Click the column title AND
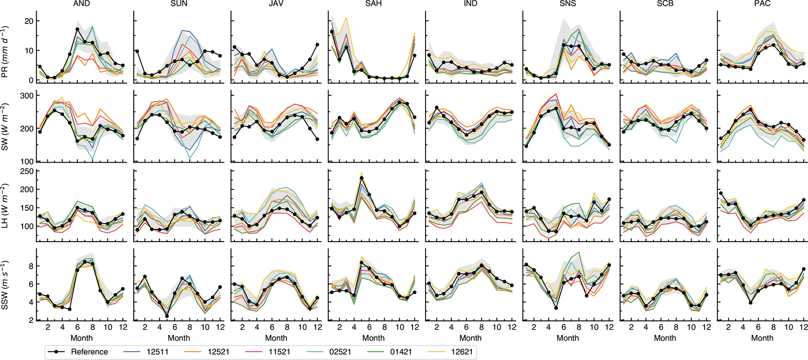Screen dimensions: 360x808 coord(81,4)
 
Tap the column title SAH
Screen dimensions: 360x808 coord(373,4)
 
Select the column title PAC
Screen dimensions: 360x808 coord(762,4)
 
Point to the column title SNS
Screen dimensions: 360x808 coord(568,4)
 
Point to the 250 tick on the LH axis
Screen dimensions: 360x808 coord(27,171)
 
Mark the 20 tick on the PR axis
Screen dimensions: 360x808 coord(29,21)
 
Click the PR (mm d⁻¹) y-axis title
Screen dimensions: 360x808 coord(5,52)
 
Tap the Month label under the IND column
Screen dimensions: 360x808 coord(470,338)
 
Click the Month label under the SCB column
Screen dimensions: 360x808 coord(665,338)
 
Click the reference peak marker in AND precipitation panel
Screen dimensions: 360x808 coord(77,29)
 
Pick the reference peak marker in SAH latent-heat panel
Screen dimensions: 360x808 coord(362,178)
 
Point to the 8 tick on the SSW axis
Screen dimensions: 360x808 coord(31,266)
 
